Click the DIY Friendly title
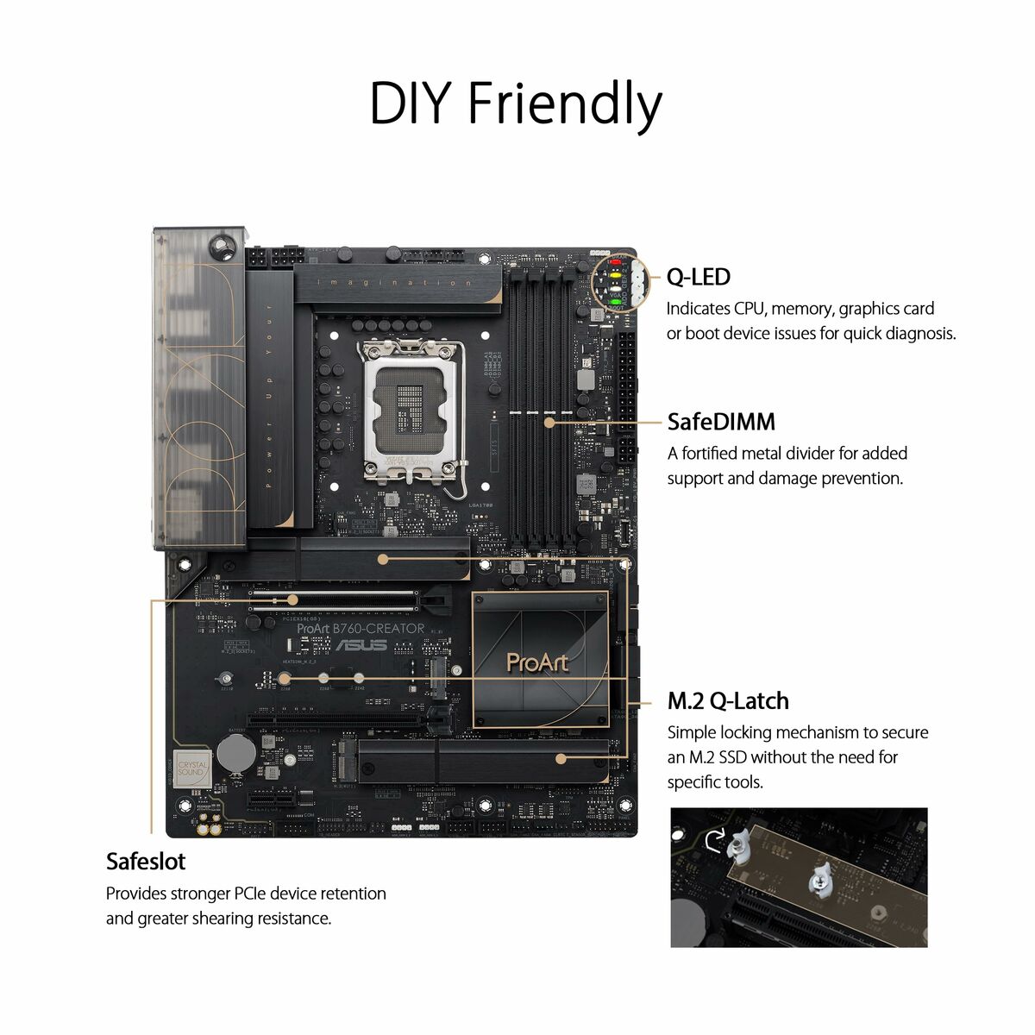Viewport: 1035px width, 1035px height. pos(516,103)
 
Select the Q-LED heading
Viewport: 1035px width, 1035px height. pos(698,277)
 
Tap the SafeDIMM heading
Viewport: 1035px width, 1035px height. pos(721,422)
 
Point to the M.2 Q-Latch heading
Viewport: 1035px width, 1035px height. pos(728,701)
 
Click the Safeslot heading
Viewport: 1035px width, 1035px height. pos(146,862)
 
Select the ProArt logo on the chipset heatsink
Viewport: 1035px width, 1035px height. pos(537,662)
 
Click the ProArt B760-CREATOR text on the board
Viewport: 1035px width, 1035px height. pos(361,629)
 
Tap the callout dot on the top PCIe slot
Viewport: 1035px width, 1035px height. pos(292,599)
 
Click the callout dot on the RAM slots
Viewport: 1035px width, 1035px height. pos(549,423)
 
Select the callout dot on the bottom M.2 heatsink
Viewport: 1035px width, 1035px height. pos(561,759)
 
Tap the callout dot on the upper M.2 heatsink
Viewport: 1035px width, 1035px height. pos(383,559)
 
